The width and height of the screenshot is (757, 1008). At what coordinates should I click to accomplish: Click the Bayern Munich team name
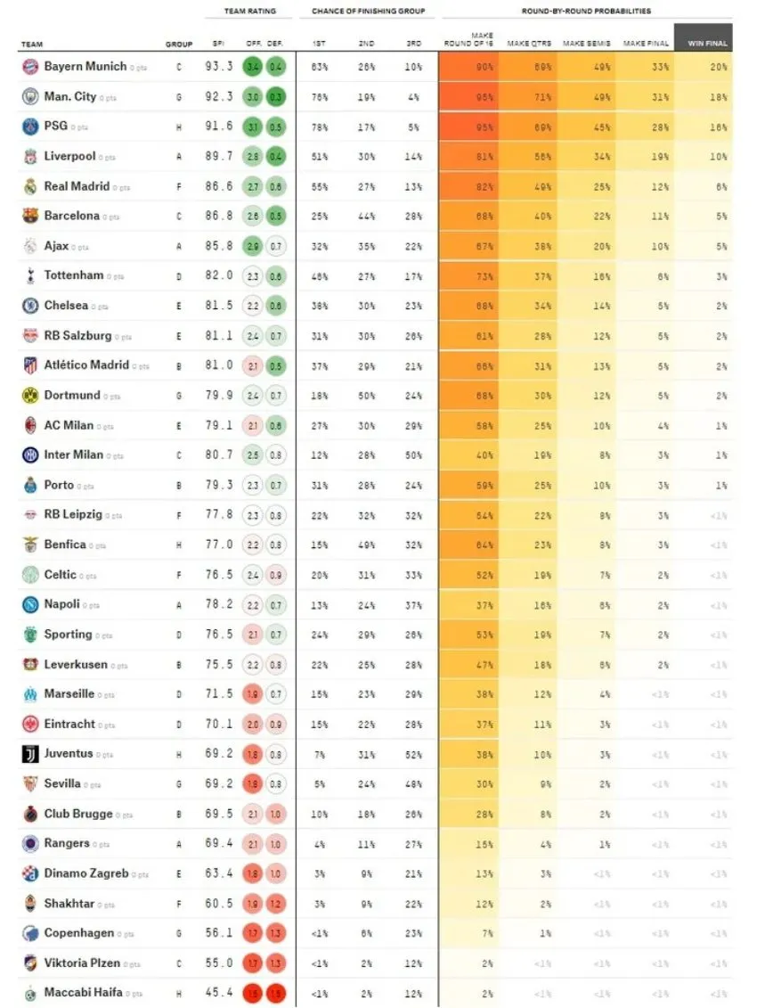85,67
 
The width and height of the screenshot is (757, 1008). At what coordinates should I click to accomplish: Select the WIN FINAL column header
704,43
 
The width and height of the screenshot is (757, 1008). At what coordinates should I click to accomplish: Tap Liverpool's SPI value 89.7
218,157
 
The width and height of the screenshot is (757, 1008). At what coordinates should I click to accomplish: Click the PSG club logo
30,127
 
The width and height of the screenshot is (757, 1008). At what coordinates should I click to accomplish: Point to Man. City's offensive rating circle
252,97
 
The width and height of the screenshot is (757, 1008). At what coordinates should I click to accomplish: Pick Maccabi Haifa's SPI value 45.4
218,993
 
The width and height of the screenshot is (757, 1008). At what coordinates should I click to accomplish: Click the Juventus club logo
30,754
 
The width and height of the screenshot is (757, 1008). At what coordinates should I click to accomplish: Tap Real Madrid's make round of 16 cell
468,187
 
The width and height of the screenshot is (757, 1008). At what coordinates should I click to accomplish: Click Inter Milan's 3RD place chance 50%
413,455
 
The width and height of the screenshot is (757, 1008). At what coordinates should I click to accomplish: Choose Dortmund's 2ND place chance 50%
367,396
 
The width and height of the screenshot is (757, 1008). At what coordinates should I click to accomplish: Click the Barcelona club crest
30,217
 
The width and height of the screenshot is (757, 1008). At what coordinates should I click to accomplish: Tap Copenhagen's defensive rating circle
276,933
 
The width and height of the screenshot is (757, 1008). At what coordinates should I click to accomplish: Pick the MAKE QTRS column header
529,43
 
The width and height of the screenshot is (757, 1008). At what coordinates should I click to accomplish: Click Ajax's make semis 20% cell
587,247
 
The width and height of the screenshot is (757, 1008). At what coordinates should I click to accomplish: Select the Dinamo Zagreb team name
85,873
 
